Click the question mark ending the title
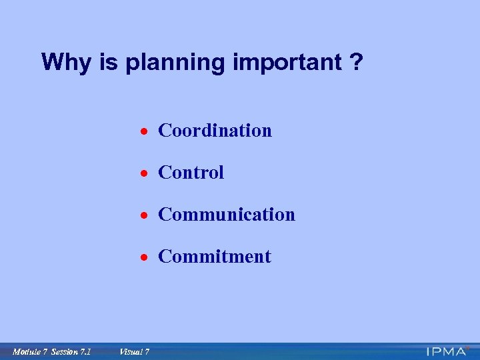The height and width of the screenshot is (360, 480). [357, 63]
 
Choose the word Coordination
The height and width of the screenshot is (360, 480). [215, 131]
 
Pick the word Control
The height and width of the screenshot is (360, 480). [191, 173]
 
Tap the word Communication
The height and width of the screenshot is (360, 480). [226, 215]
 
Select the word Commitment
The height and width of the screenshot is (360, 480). [214, 257]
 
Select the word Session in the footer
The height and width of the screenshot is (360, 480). [65, 352]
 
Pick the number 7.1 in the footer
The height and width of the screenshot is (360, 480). [85, 352]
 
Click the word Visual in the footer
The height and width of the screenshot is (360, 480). [130, 352]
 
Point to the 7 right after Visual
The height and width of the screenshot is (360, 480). [147, 352]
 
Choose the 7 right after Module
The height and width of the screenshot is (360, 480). [45, 352]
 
